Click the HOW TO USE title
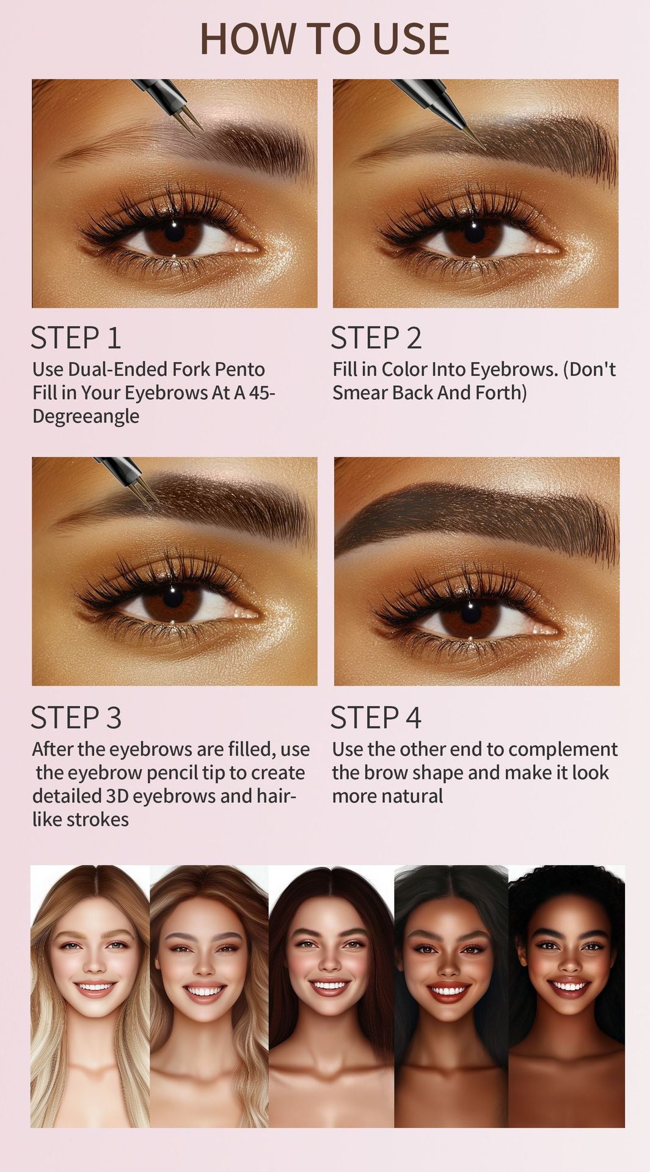coord(324,38)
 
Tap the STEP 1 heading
coord(76,338)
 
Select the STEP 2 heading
coord(376,338)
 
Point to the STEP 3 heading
coord(76,718)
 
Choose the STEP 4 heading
coord(376,718)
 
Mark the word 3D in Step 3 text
coord(117,796)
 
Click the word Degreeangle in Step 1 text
coord(86,417)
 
